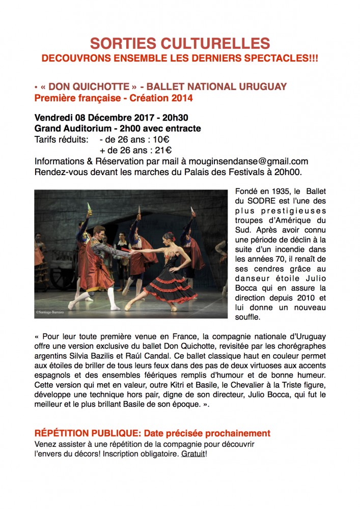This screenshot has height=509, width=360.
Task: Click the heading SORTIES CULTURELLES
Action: point(180,43)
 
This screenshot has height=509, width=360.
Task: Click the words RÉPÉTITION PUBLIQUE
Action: point(87,434)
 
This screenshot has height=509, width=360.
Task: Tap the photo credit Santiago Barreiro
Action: point(53,312)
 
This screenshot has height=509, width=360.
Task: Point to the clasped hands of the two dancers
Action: point(132,250)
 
